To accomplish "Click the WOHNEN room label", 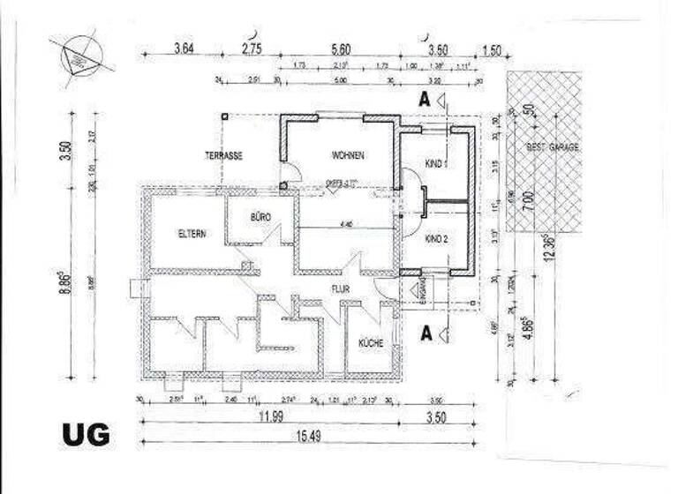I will [348, 155].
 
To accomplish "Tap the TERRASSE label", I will [224, 155].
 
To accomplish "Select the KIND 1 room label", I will [437, 164].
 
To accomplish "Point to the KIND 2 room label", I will [437, 239].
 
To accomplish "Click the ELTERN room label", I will [192, 234].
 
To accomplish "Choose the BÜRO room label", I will [260, 216].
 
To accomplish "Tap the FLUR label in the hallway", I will [342, 288].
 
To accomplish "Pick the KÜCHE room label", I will [370, 342].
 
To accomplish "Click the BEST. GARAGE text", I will [553, 147].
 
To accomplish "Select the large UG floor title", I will [86, 434].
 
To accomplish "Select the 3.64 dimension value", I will [184, 49].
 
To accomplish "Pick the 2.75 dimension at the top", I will [253, 49].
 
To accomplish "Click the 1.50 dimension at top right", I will [491, 49].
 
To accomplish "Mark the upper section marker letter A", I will [425, 100].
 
